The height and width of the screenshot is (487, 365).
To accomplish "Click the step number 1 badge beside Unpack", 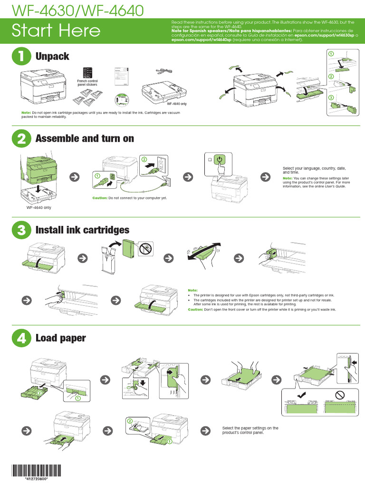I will (21, 56).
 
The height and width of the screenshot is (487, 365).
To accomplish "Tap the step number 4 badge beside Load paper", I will (21, 338).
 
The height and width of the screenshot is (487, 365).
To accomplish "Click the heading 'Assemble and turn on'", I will (85, 138).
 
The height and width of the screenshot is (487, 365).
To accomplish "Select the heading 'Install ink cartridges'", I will (82, 230).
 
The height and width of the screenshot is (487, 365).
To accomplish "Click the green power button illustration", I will (221, 160).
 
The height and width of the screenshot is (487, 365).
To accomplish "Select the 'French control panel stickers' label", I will (87, 83).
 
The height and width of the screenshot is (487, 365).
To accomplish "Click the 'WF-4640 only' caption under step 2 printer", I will (39, 207).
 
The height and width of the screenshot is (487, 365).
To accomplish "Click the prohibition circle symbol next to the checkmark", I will (339, 395).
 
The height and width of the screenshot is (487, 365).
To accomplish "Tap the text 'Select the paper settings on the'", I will (250, 428).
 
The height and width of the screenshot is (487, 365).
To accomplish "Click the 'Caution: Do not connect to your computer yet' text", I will (130, 198).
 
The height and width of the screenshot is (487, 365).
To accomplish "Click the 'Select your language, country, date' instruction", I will (314, 169).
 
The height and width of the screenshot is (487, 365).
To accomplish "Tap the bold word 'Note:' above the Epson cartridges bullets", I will (192, 290).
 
